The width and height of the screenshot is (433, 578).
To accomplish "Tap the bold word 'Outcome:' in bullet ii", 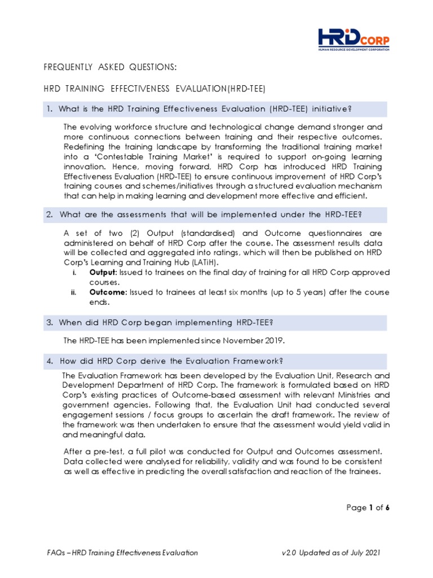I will point(108,292).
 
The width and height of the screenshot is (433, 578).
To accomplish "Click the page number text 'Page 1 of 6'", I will point(368,508).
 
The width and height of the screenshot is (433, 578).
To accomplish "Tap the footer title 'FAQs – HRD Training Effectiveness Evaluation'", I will point(122,553).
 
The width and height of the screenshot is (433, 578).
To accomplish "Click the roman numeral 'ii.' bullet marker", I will point(74,292).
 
